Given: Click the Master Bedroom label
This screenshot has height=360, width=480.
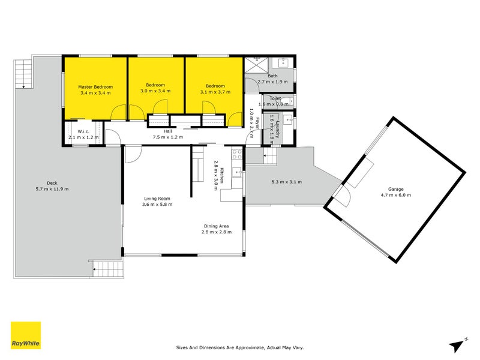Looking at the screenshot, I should tap(95, 87).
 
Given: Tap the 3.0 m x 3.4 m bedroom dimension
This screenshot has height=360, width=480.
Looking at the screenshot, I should tap(155, 91).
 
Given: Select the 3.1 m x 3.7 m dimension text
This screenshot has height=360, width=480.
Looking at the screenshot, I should tap(215, 92).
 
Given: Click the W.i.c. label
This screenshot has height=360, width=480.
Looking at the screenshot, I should tap(83, 131).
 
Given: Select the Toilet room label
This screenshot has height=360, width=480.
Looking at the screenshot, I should tap(275, 98).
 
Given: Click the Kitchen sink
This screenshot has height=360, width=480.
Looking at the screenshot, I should tap(238, 174).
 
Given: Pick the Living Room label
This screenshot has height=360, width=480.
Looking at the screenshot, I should tap(157, 199).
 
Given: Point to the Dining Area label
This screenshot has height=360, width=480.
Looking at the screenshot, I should tap(216, 226).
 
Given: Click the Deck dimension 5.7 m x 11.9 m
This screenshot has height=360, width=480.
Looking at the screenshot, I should tap(53, 190).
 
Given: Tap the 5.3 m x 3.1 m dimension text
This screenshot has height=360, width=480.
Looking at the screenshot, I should tap(286, 182).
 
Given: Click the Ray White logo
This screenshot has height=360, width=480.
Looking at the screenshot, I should tap(26, 335).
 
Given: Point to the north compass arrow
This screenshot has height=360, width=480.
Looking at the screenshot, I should tap(457, 344).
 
